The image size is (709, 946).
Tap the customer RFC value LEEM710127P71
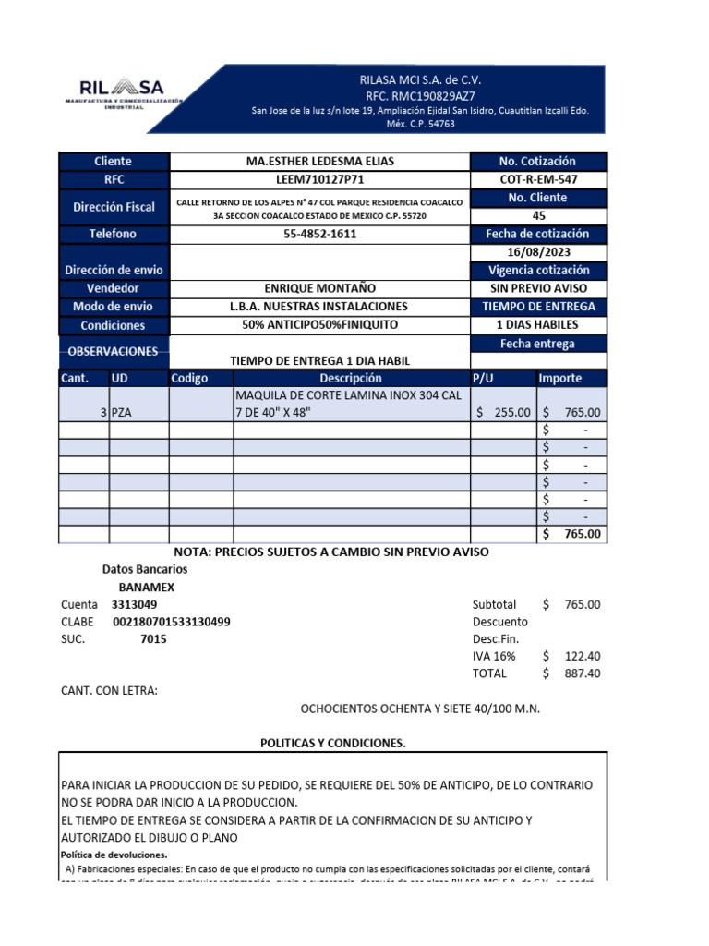[319, 179]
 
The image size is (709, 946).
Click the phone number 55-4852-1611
[319, 234]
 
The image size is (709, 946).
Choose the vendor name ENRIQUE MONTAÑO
[319, 288]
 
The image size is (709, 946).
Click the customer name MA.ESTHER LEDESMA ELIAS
[319, 162]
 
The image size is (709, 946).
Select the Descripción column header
[351, 378]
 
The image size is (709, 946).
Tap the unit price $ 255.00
[504, 413]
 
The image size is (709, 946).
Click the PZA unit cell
[123, 413]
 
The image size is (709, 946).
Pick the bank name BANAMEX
[147, 587]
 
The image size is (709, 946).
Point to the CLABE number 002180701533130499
[171, 622]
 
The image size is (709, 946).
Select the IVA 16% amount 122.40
[583, 656]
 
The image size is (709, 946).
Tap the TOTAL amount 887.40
[583, 673]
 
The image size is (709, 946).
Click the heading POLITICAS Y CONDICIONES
[332, 743]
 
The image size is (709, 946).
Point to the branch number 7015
[153, 639]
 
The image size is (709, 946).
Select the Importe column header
[560, 378]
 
